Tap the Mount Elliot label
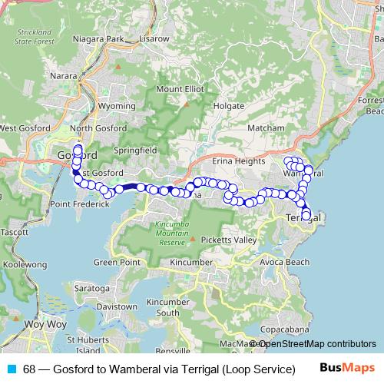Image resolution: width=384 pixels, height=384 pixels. click(181, 89)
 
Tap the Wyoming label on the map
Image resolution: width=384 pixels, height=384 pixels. click(118, 106)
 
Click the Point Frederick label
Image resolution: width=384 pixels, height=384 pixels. click(81, 204)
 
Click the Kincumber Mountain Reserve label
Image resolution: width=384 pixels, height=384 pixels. click(172, 232)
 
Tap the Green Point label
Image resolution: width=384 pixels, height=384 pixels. click(117, 262)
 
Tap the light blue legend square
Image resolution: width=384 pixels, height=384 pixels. click(12, 369)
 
